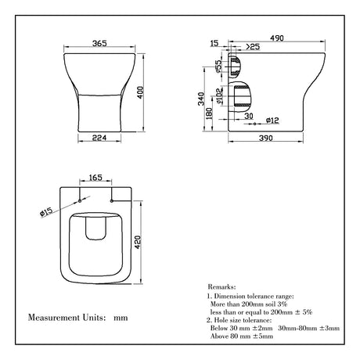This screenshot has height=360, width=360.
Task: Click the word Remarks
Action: [223, 287]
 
